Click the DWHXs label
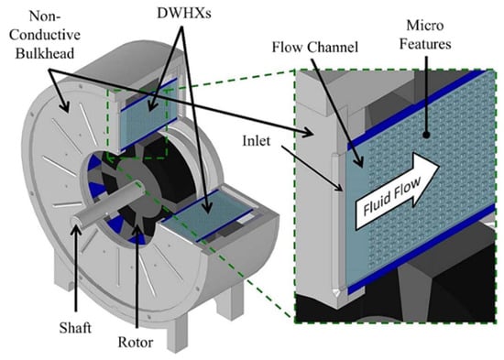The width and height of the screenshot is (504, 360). coord(184,13)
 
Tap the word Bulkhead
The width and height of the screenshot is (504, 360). coord(45,53)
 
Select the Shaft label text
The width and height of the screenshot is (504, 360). coord(75,328)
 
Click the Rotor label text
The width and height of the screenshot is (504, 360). coord(136,342)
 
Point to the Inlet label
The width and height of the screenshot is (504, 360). coord(257,141)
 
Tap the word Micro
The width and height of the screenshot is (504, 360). coord(425,26)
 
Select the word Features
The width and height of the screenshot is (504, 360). coord(425,44)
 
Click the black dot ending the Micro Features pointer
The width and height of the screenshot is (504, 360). coord(426,136)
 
